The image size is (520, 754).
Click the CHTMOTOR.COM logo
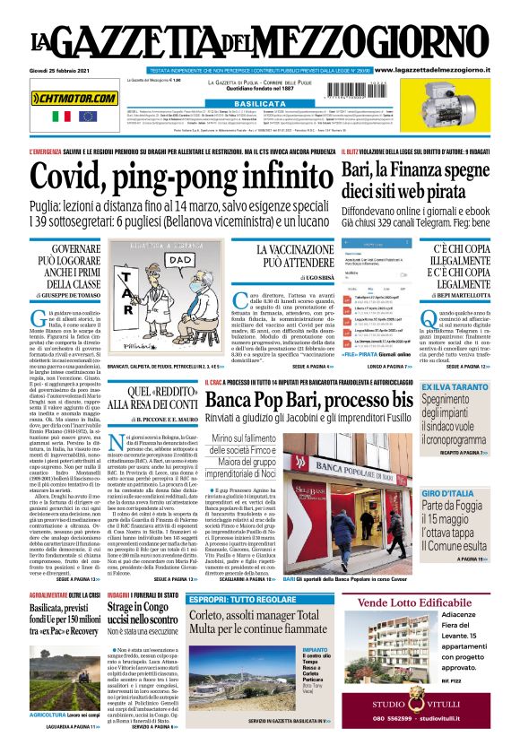click(x=74, y=97)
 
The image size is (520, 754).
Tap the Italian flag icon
click(x=61, y=116)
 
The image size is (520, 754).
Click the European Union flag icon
click(x=86, y=116)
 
